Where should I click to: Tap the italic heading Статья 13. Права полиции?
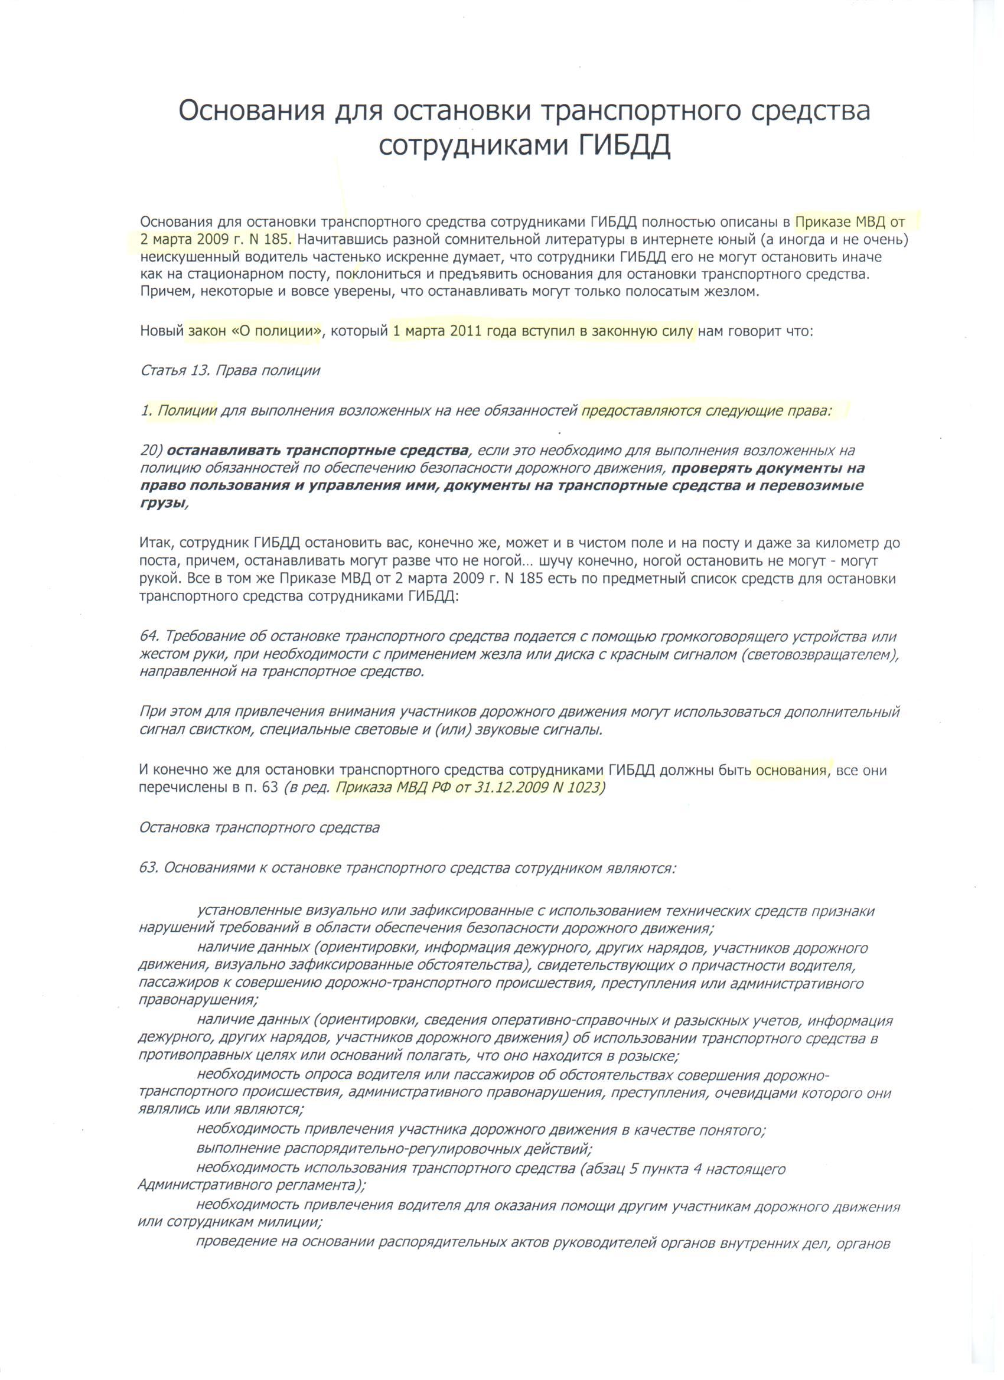click(x=230, y=371)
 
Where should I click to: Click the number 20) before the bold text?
click(x=151, y=451)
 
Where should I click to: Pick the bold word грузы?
click(x=161, y=503)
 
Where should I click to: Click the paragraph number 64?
click(x=149, y=637)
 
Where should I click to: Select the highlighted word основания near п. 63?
click(x=791, y=771)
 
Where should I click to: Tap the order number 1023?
click(x=586, y=788)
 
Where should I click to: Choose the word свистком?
click(x=220, y=730)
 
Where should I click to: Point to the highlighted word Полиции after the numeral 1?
click(x=187, y=411)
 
